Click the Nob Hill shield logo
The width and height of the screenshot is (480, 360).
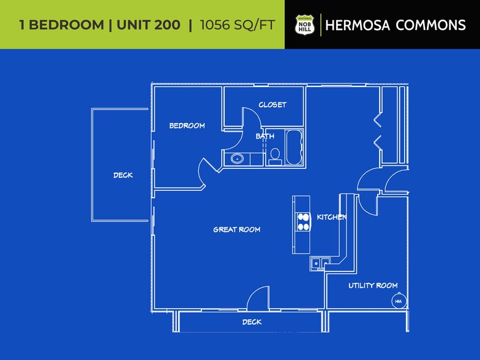click(x=304, y=24)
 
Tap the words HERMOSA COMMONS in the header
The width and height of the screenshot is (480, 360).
click(x=396, y=25)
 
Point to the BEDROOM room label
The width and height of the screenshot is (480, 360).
click(x=187, y=126)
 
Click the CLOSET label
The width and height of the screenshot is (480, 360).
click(x=272, y=105)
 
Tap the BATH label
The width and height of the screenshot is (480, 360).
click(x=265, y=136)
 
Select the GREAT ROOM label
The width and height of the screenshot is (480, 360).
click(x=236, y=230)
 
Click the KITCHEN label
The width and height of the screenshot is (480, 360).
click(x=332, y=217)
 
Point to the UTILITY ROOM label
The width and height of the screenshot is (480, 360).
click(x=373, y=285)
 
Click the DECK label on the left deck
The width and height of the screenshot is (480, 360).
click(x=122, y=175)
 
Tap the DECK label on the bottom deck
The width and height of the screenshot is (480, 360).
click(x=252, y=322)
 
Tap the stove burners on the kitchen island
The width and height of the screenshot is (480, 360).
click(x=302, y=221)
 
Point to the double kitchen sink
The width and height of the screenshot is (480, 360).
click(x=320, y=263)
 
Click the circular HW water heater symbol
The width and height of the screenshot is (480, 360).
click(x=398, y=301)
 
